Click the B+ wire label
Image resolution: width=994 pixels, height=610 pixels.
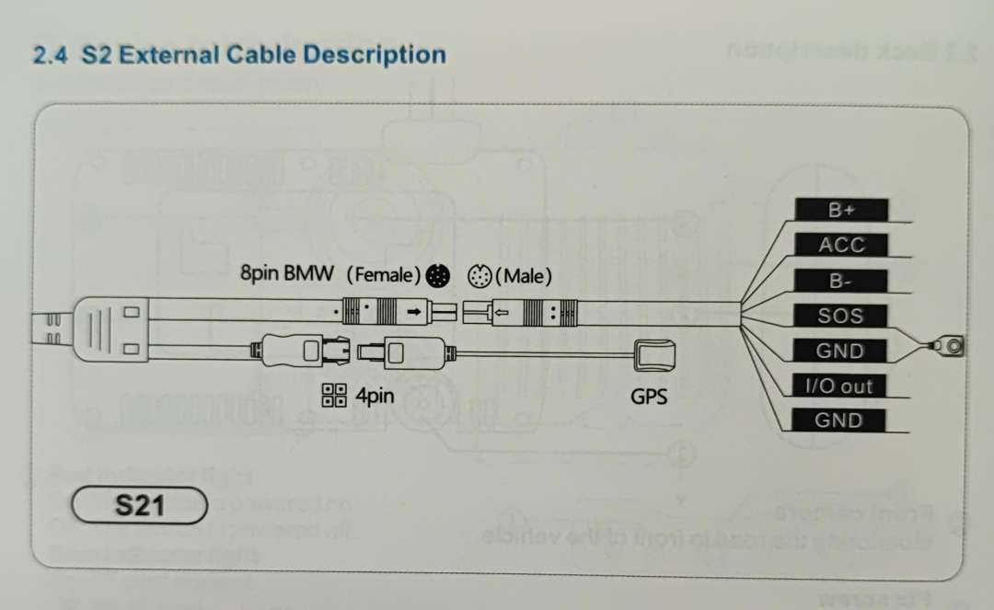coord(841,210)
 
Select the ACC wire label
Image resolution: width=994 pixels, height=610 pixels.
coord(841,245)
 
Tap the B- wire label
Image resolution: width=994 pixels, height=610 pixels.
coord(841,281)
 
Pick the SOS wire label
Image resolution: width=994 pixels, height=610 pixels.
coord(841,316)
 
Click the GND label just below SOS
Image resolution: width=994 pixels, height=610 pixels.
coord(840,351)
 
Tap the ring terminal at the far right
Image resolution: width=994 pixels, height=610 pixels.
coord(953,347)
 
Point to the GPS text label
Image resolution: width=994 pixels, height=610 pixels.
coord(649,397)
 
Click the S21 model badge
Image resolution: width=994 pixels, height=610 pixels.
coord(138,505)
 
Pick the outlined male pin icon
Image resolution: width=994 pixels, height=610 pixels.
coord(480,274)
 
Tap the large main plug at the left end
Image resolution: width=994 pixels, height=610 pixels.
coord(104,329)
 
